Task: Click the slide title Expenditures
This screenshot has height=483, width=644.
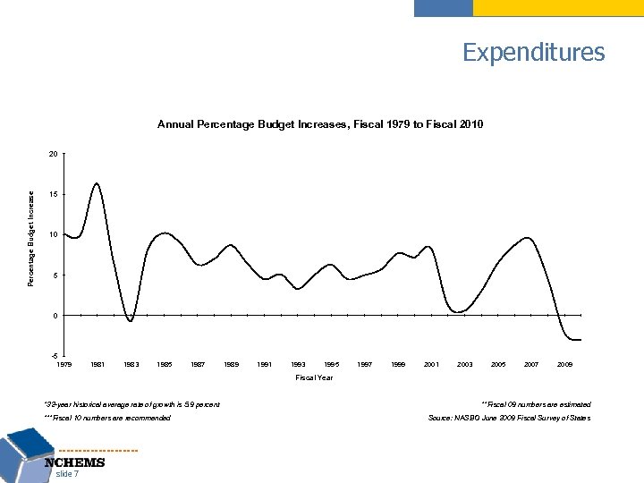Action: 533,52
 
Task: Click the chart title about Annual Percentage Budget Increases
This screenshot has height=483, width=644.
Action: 320,124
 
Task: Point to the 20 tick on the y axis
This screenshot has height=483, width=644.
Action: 54,154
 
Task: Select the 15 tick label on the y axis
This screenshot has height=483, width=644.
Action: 54,194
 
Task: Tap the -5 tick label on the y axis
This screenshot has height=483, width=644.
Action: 54,356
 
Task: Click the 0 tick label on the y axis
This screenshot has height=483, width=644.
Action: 55,316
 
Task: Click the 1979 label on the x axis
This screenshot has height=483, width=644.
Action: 64,365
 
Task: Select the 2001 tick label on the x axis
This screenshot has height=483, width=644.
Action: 431,365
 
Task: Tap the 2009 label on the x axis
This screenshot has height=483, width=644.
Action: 564,365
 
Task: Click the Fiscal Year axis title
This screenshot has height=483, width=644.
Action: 314,378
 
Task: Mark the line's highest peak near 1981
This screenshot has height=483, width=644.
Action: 96,183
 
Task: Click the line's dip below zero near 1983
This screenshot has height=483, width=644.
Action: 131,320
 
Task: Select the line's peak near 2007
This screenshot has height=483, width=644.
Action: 529,238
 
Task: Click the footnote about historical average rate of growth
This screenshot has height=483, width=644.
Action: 131,405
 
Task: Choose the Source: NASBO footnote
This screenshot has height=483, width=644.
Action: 510,419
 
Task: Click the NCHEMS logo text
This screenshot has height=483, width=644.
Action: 75,462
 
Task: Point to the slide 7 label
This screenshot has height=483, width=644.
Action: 67,475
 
